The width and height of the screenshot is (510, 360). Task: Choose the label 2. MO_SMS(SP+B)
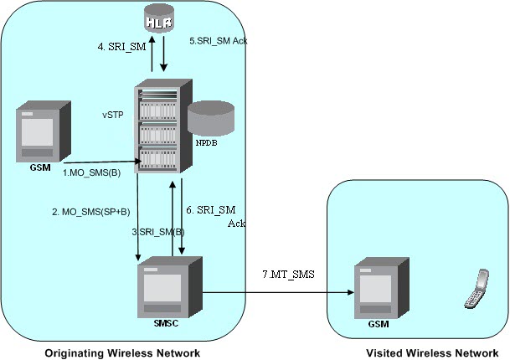point(88,213)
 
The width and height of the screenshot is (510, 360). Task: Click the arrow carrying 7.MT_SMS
point(276,293)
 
